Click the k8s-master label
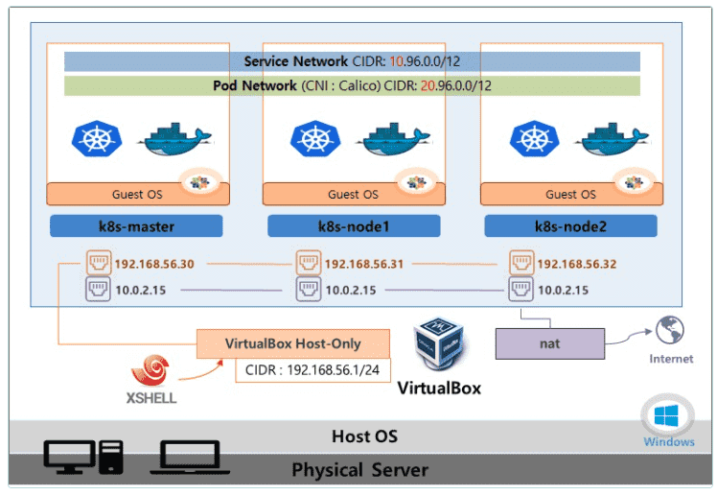[x=136, y=226]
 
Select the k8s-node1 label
[x=354, y=226]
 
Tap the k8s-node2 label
[x=570, y=226]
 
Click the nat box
[x=550, y=342]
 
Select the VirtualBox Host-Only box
[x=293, y=343]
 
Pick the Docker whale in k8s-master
[x=176, y=136]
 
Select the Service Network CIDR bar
[x=352, y=61]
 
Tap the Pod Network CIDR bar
[x=352, y=85]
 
